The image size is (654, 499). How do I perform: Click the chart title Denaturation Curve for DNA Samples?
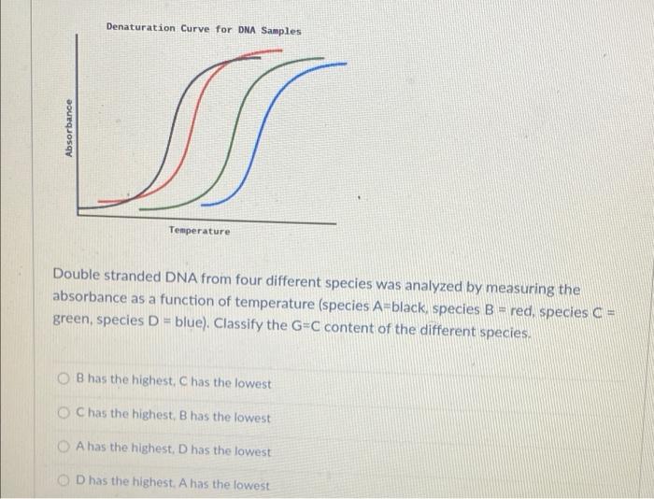coord(204,30)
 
